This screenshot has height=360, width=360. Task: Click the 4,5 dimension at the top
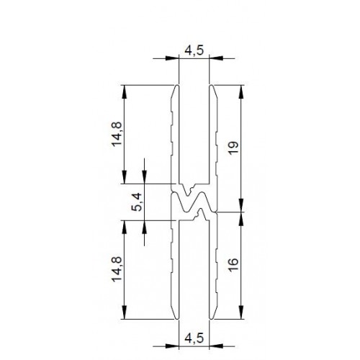tap(194, 50)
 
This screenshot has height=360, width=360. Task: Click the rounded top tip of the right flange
tap(212, 87)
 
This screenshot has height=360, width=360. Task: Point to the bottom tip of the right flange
tap(212, 317)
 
